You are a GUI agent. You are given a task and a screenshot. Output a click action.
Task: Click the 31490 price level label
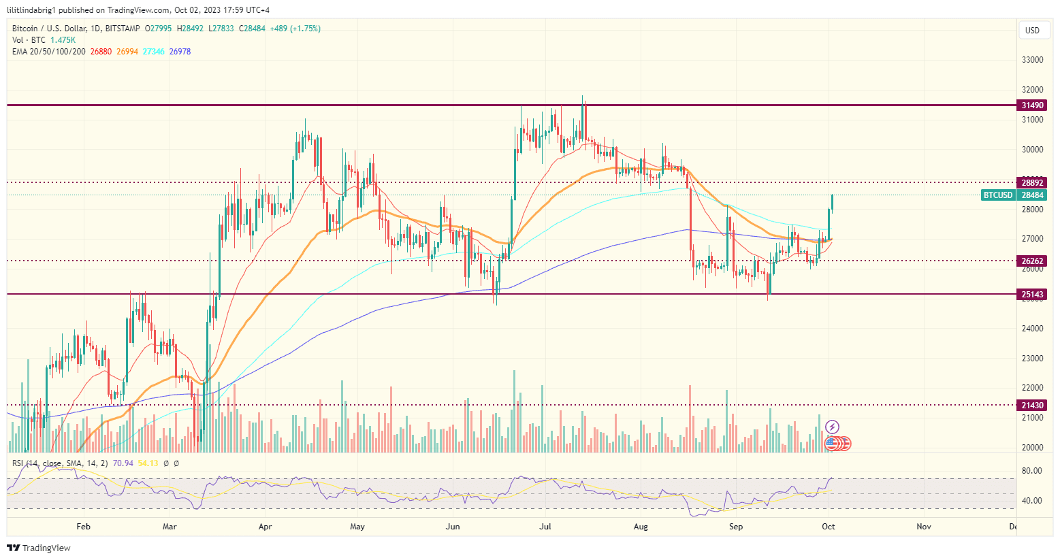[1032, 105]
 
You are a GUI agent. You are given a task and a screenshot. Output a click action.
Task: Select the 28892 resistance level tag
[1032, 182]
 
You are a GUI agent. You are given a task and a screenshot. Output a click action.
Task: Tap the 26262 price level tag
[1032, 261]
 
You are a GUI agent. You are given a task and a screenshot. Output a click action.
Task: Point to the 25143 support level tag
[1032, 295]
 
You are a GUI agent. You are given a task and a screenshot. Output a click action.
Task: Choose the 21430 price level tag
[1032, 405]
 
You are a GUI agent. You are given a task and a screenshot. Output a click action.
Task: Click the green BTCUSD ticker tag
[998, 195]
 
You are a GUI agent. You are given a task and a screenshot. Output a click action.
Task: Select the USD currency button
[1032, 30]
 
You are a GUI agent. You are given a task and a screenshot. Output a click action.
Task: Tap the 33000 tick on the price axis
[1032, 60]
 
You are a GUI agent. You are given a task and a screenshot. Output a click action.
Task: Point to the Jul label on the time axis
[545, 527]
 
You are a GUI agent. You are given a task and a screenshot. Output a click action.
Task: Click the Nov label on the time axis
[924, 527]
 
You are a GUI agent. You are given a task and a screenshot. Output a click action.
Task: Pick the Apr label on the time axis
[266, 527]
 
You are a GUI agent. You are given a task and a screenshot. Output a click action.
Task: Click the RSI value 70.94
[123, 463]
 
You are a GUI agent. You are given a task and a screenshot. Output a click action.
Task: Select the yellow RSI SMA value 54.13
[148, 463]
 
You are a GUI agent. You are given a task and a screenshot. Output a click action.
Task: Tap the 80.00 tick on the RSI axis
[1032, 471]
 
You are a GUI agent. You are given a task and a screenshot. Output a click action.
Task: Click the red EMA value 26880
[101, 52]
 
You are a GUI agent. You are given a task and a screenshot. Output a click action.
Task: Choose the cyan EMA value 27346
[154, 52]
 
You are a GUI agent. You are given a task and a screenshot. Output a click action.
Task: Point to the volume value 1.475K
[63, 40]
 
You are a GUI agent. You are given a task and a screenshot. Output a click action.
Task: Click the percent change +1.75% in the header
[306, 29]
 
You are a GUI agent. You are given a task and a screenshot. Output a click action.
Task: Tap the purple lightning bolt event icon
[832, 427]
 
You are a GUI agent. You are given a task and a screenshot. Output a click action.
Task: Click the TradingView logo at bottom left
[39, 548]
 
